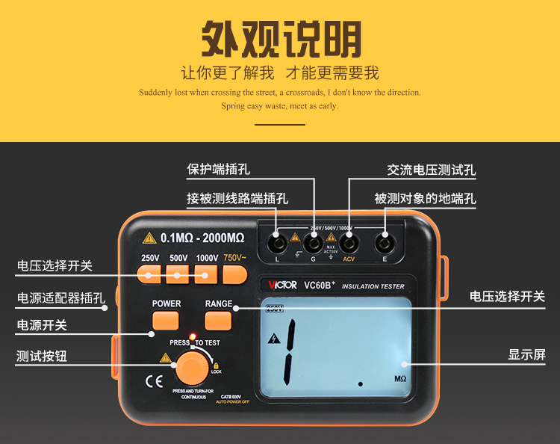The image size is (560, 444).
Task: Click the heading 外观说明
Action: coord(281,38)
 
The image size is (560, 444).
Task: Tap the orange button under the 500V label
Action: coord(178,275)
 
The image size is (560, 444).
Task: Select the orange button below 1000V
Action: coord(206,275)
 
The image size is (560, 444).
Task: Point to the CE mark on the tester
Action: coord(153,380)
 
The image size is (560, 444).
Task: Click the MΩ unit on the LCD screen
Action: coord(400,379)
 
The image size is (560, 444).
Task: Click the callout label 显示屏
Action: coord(527,354)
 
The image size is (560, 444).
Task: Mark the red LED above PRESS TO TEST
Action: coord(192,335)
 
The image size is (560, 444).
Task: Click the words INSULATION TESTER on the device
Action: coord(373,286)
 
